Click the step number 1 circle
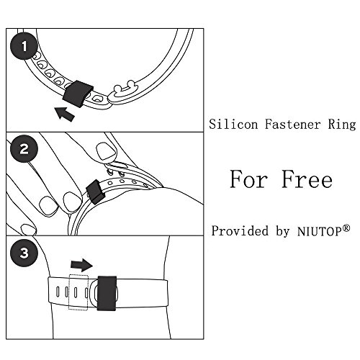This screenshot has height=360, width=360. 24,46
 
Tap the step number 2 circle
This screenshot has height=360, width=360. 24,149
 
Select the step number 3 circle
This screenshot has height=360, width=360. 24,253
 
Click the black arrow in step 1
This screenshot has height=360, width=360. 65,114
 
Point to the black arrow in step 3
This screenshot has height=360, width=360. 81,265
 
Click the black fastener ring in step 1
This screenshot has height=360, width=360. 77,94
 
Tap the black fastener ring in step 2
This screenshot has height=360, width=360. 96,192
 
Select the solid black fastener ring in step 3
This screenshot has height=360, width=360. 107,293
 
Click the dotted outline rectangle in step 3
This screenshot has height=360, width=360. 78,292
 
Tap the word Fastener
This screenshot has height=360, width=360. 292,125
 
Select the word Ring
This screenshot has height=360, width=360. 342,125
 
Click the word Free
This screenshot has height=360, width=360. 307,179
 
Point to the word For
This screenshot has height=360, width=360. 248,179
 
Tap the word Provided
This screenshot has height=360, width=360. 240,231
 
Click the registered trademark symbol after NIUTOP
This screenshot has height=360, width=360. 346,228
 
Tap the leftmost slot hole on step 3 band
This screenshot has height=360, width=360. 58,292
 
